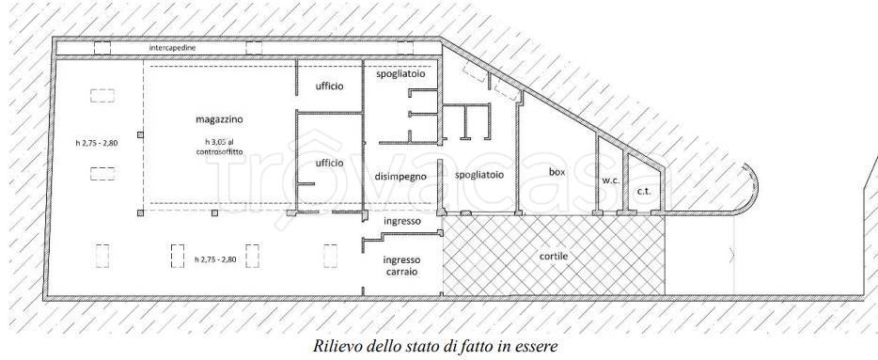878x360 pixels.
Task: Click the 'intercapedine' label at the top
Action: (x=172, y=48)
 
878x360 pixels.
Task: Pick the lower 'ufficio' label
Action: (x=329, y=163)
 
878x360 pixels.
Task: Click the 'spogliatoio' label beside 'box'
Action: (x=479, y=175)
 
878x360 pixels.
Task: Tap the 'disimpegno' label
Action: (x=400, y=176)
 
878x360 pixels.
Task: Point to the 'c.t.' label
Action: (x=644, y=192)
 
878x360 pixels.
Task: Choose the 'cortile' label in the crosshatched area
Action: (x=553, y=256)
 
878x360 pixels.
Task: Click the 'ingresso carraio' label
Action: (x=401, y=265)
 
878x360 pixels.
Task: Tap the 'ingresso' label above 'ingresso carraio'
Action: (x=401, y=222)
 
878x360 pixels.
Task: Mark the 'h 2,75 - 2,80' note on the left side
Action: (x=97, y=143)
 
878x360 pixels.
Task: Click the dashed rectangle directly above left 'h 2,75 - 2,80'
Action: (x=102, y=96)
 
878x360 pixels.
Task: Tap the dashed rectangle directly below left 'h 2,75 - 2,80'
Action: (x=102, y=173)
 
